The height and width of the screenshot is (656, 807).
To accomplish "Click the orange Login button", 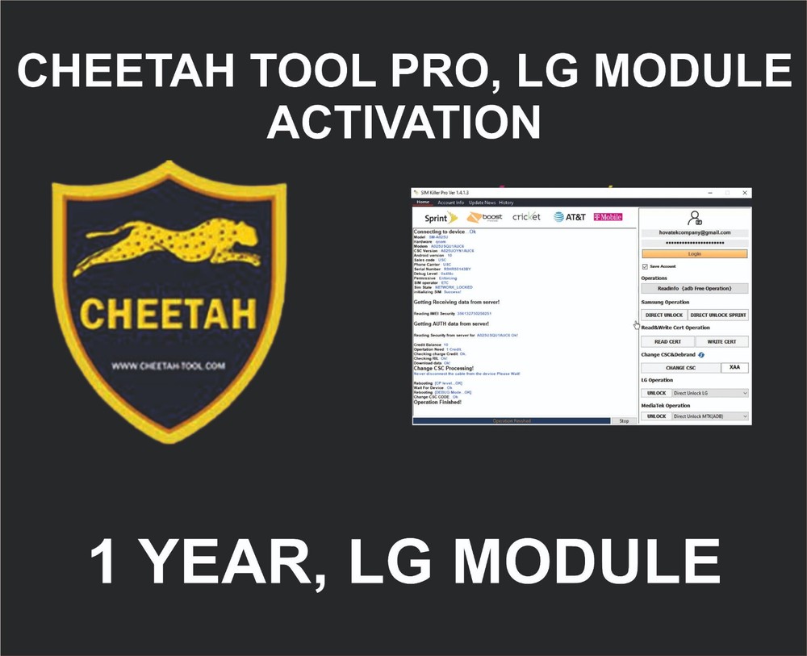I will pos(694,253).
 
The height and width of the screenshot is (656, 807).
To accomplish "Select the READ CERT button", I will pos(667,341).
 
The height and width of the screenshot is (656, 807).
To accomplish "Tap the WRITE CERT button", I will pos(721,341).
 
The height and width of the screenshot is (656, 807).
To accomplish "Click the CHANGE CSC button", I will pos(679,368).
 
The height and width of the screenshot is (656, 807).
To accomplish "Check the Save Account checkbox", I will pos(644,266).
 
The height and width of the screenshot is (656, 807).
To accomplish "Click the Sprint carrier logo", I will pos(436,218).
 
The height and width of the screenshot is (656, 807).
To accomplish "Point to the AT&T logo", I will pos(570,217).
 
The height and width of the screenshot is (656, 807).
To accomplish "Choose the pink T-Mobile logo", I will pos(608,217).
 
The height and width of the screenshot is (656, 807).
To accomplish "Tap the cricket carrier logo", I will pos(526,217).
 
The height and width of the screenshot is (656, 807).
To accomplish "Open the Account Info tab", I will pos(451,203).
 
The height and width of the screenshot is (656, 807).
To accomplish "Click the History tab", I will pos(506,203).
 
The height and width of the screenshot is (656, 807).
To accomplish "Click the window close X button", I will pos(745,193).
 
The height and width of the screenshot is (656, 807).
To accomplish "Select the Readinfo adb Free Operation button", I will pos(694,288).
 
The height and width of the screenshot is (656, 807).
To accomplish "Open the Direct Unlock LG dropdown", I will pos(709,393).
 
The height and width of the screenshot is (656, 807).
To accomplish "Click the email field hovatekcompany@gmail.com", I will pos(694,232).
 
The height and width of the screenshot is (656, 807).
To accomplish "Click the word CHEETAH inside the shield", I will pos(169,312).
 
